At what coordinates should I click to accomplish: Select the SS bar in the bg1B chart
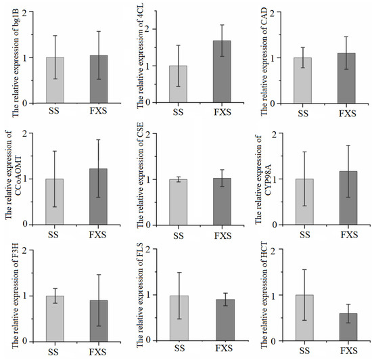pyautogui.click(x=55, y=80)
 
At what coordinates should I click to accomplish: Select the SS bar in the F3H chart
pyautogui.click(x=55, y=318)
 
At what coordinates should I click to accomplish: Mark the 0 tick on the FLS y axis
pyautogui.click(x=154, y=341)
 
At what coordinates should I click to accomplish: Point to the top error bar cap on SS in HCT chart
pyautogui.click(x=300, y=269)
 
